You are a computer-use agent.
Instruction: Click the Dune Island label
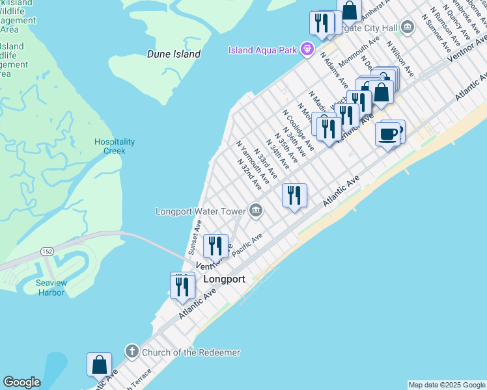pyautogui.click(x=173, y=54)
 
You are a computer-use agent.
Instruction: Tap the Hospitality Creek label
pyautogui.click(x=115, y=146)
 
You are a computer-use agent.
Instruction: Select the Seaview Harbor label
pyautogui.click(x=50, y=288)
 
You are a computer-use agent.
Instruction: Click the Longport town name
pyautogui.click(x=224, y=279)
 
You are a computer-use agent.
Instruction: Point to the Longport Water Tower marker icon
pyautogui.click(x=255, y=211)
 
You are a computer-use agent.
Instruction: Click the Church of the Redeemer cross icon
pyautogui.click(x=131, y=352)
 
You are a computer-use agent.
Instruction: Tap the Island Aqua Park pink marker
pyautogui.click(x=307, y=49)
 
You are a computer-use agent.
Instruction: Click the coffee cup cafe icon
pyautogui.click(x=388, y=135)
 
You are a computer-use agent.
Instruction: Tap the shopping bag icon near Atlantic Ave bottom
pyautogui.click(x=99, y=365)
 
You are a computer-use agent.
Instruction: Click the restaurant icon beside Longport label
pyautogui.click(x=183, y=286)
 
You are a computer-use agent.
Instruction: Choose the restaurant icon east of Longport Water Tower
pyautogui.click(x=294, y=195)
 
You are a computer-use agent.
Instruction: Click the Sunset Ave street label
pyautogui.click(x=195, y=237)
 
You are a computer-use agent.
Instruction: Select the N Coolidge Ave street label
pyautogui.click(x=298, y=129)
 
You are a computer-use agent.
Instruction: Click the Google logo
pyautogui.click(x=21, y=382)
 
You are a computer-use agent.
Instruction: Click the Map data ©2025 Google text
pyautogui.click(x=446, y=385)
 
